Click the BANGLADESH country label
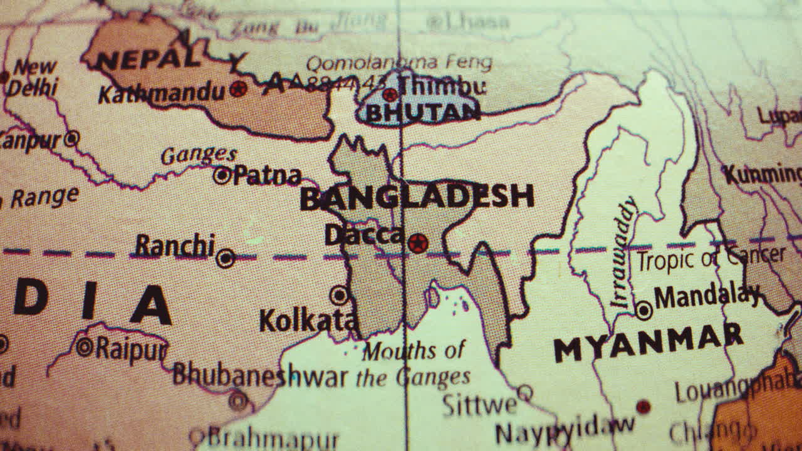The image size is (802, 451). coord(417,197)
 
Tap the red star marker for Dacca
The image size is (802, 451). coord(418,243)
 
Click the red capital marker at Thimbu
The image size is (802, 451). coord(390,95)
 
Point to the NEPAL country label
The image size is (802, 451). coord(149,60)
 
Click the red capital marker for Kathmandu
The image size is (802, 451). coord(237,89)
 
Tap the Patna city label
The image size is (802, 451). coord(268,176)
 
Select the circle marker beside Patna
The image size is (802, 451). coord(222,175)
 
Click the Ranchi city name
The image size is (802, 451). coord(175,246)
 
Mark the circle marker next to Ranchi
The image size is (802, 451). coord(226,257)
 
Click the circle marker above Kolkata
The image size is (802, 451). coord(339,295)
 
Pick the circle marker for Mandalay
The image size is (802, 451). coord(643,310)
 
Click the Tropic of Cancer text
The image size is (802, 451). coord(711,257)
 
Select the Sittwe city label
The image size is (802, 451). coord(479,405)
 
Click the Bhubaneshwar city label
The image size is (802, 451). coord(260,375)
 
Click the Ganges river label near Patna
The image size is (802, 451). coord(199,155)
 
